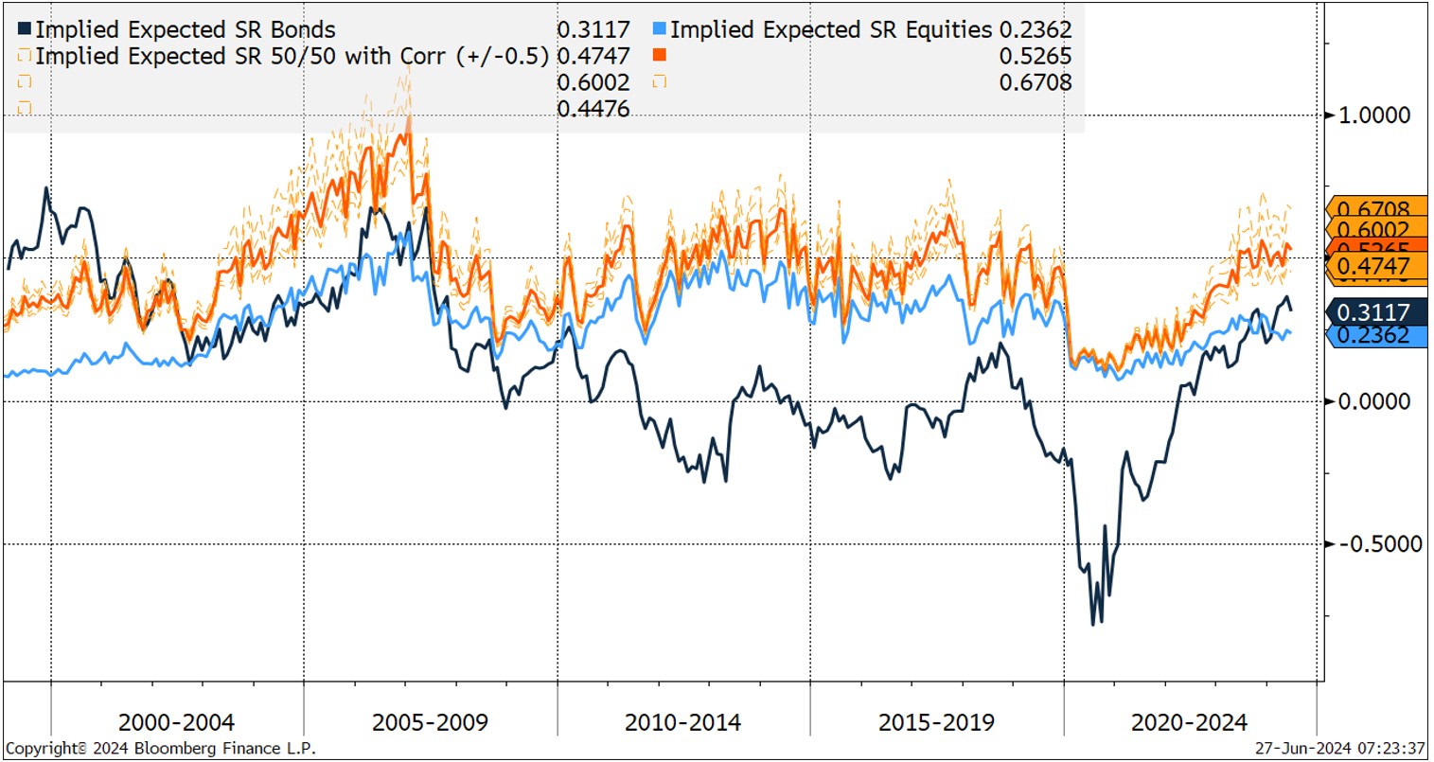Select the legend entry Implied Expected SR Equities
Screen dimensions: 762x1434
coord(831,30)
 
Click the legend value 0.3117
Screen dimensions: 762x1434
coord(593,30)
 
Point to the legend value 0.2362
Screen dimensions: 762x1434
coord(1035,30)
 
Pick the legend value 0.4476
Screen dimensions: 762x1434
coord(593,109)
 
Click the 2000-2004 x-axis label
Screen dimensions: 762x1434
coord(176,723)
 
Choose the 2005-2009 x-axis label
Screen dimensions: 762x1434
coord(430,723)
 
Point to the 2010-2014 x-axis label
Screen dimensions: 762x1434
coord(682,723)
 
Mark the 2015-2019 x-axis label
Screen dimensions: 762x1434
coord(936,723)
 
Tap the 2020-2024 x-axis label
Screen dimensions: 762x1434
coord(1189,723)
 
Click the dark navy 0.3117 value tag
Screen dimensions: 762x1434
coord(1373,312)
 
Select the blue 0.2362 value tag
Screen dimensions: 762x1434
coord(1373,335)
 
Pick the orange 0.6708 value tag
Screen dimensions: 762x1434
coord(1373,208)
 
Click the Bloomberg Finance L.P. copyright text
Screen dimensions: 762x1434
coord(161,749)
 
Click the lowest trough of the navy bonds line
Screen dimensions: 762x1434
coord(1093,623)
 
